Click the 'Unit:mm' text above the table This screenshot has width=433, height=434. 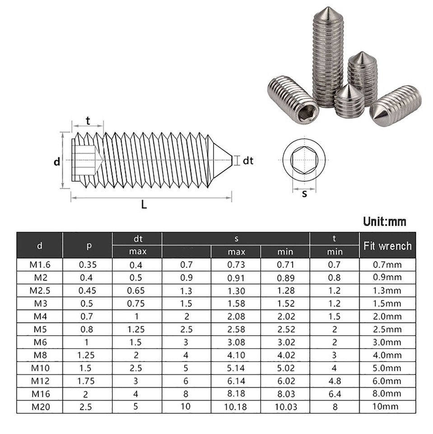tap(384, 222)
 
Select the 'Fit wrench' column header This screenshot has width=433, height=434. tap(387, 245)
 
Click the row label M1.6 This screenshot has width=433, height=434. tap(39, 265)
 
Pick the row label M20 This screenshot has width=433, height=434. tap(40, 407)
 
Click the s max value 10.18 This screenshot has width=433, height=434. tap(235, 407)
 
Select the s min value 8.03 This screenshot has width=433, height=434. tap(285, 394)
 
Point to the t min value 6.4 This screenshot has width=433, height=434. tap(334, 394)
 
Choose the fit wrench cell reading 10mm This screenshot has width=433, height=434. tap(387, 407)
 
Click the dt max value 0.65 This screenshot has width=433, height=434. tap(137, 291)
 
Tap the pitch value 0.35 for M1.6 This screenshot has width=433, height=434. tap(87, 265)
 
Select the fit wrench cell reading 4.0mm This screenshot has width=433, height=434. tap(387, 355)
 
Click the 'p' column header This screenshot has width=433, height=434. tap(87, 245)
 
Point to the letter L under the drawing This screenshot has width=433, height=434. tap(144, 204)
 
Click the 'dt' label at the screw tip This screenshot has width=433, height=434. tap(248, 160)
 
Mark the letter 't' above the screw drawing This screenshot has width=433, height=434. tap(88, 120)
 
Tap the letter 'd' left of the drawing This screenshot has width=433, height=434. tap(57, 161)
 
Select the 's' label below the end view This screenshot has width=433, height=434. tap(304, 193)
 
